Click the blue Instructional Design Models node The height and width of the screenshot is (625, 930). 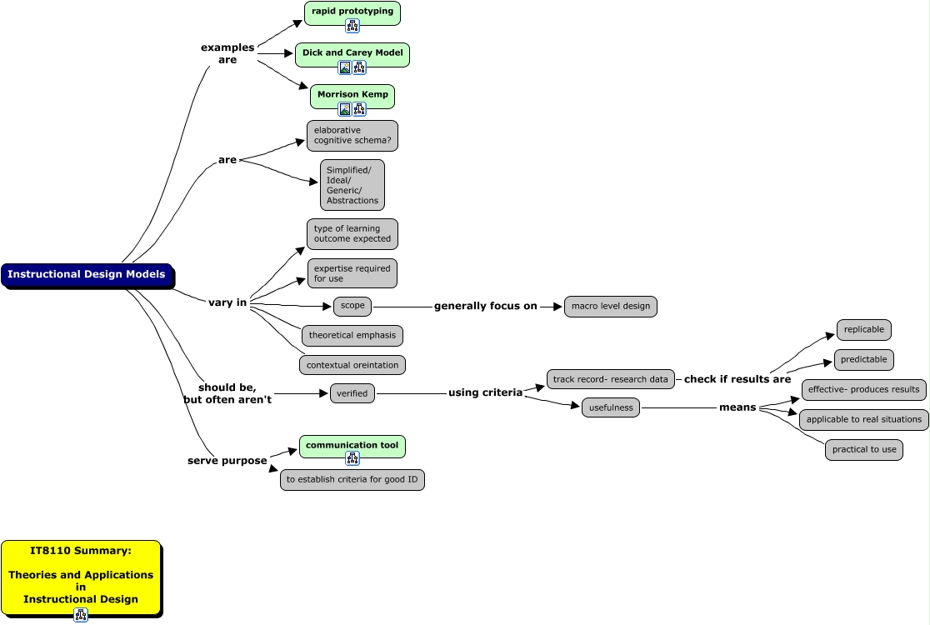[87, 274]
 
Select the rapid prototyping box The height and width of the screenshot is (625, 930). [352, 12]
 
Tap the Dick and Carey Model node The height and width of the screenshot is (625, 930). [352, 52]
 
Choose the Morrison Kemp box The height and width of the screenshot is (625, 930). [352, 94]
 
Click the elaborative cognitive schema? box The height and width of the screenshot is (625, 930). [352, 135]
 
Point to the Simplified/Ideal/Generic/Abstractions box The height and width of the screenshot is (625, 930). [352, 185]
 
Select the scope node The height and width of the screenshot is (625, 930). [352, 306]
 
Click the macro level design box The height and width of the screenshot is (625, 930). [611, 306]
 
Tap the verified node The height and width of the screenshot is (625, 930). [352, 393]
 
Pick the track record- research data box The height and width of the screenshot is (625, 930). [611, 379]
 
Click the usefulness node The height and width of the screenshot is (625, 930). [611, 407]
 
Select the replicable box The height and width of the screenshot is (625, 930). [864, 329]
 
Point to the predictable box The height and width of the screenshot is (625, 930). [864, 360]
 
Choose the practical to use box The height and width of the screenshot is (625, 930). [864, 450]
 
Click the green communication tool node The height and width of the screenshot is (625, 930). [352, 446]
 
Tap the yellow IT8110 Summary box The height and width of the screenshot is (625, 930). [81, 575]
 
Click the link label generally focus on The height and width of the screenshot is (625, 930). [486, 306]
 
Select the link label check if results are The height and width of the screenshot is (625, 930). [737, 379]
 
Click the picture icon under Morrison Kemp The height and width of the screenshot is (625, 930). [345, 109]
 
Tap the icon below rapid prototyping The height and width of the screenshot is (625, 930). [352, 26]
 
